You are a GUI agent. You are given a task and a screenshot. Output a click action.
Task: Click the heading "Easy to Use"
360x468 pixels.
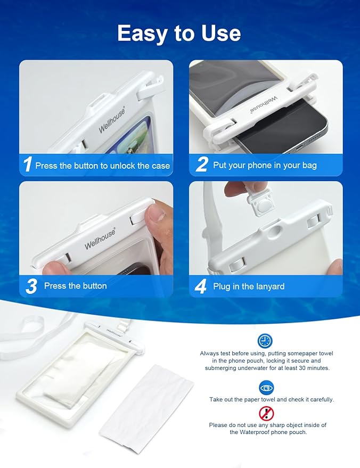(x=179, y=34)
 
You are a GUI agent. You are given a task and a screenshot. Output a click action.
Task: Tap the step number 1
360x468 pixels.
(x=27, y=165)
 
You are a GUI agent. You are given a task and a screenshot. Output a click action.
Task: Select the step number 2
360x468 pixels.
(x=201, y=165)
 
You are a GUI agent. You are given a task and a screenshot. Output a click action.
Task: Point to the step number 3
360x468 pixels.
(x=31, y=286)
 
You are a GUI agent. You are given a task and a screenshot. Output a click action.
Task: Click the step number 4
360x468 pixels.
(x=201, y=286)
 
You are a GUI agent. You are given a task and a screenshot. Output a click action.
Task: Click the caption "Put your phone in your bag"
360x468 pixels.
(x=265, y=165)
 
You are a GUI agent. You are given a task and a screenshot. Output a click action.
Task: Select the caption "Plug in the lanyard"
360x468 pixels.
(x=249, y=286)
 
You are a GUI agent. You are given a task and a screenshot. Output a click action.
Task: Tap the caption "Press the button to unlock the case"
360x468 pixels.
(x=102, y=166)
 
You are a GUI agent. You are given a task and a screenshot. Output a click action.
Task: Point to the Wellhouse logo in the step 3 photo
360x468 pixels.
(x=100, y=238)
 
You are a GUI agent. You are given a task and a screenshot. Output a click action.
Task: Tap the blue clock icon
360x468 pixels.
(x=265, y=341)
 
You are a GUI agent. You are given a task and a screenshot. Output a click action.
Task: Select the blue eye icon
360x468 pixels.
(x=266, y=387)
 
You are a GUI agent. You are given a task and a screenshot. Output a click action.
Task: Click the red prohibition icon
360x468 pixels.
(x=266, y=413)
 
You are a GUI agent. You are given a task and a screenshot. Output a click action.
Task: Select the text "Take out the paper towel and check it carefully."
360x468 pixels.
(x=271, y=399)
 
